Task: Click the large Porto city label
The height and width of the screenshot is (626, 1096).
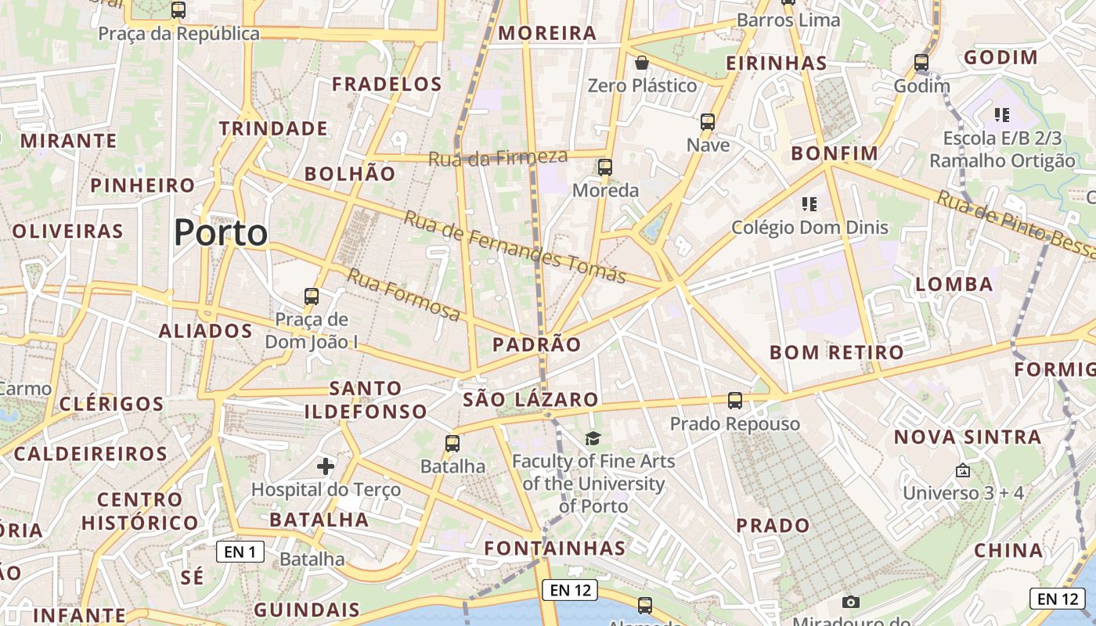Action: click(x=221, y=232)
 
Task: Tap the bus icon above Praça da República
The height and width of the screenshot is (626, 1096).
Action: click(x=178, y=10)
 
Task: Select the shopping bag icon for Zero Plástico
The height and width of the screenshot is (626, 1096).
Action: click(x=642, y=63)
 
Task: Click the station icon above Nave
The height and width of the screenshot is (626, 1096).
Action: click(x=708, y=122)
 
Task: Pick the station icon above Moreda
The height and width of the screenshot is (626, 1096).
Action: click(x=605, y=167)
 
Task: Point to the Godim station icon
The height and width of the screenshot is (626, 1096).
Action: click(x=921, y=63)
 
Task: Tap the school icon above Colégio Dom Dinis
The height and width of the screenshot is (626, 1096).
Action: click(x=809, y=204)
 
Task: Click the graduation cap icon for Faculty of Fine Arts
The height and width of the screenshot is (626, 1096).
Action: click(x=593, y=439)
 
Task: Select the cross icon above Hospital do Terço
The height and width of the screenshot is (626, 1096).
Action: click(x=326, y=467)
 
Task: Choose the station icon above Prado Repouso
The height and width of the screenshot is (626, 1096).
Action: click(x=735, y=401)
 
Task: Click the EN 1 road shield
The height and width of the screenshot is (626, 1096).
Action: click(x=240, y=552)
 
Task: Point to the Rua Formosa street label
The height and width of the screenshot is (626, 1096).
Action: click(x=404, y=294)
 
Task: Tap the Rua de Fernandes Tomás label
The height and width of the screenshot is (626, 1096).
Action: click(x=514, y=246)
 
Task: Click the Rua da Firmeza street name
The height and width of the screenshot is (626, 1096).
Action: click(x=497, y=157)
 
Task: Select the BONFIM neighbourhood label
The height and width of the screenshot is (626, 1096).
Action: click(x=831, y=153)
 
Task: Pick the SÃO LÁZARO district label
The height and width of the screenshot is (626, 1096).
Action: click(x=531, y=399)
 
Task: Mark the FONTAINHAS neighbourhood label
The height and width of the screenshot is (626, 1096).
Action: click(x=555, y=548)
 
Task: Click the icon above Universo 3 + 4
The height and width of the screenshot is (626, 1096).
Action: click(x=963, y=471)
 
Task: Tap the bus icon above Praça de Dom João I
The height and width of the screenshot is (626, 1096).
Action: click(x=312, y=297)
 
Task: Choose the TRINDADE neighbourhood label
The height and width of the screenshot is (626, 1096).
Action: click(x=273, y=128)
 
